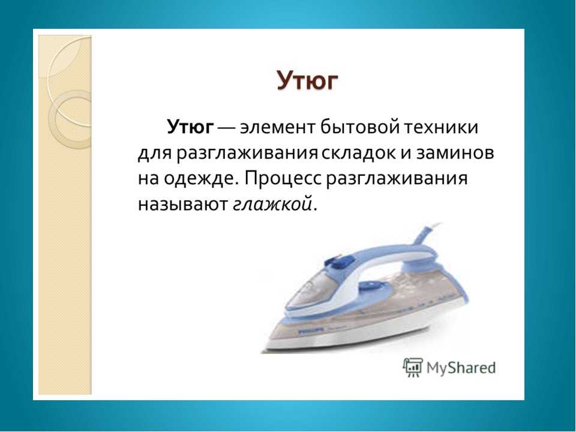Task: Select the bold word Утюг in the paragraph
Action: coord(190,127)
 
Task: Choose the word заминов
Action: coord(455,154)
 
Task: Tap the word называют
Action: coord(183,204)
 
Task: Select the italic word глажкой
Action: coord(272,204)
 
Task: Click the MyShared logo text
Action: coord(461,368)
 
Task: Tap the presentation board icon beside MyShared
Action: coord(413,367)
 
